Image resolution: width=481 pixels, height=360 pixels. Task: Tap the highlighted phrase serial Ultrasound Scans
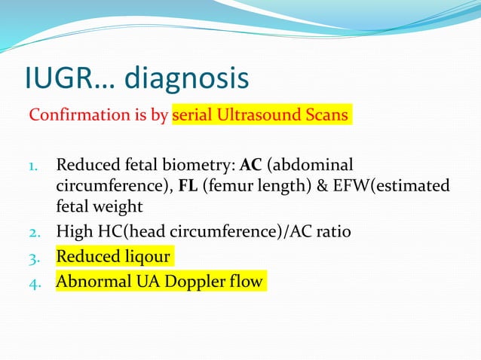(x=261, y=116)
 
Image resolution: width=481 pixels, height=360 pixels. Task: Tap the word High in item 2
(x=72, y=232)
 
